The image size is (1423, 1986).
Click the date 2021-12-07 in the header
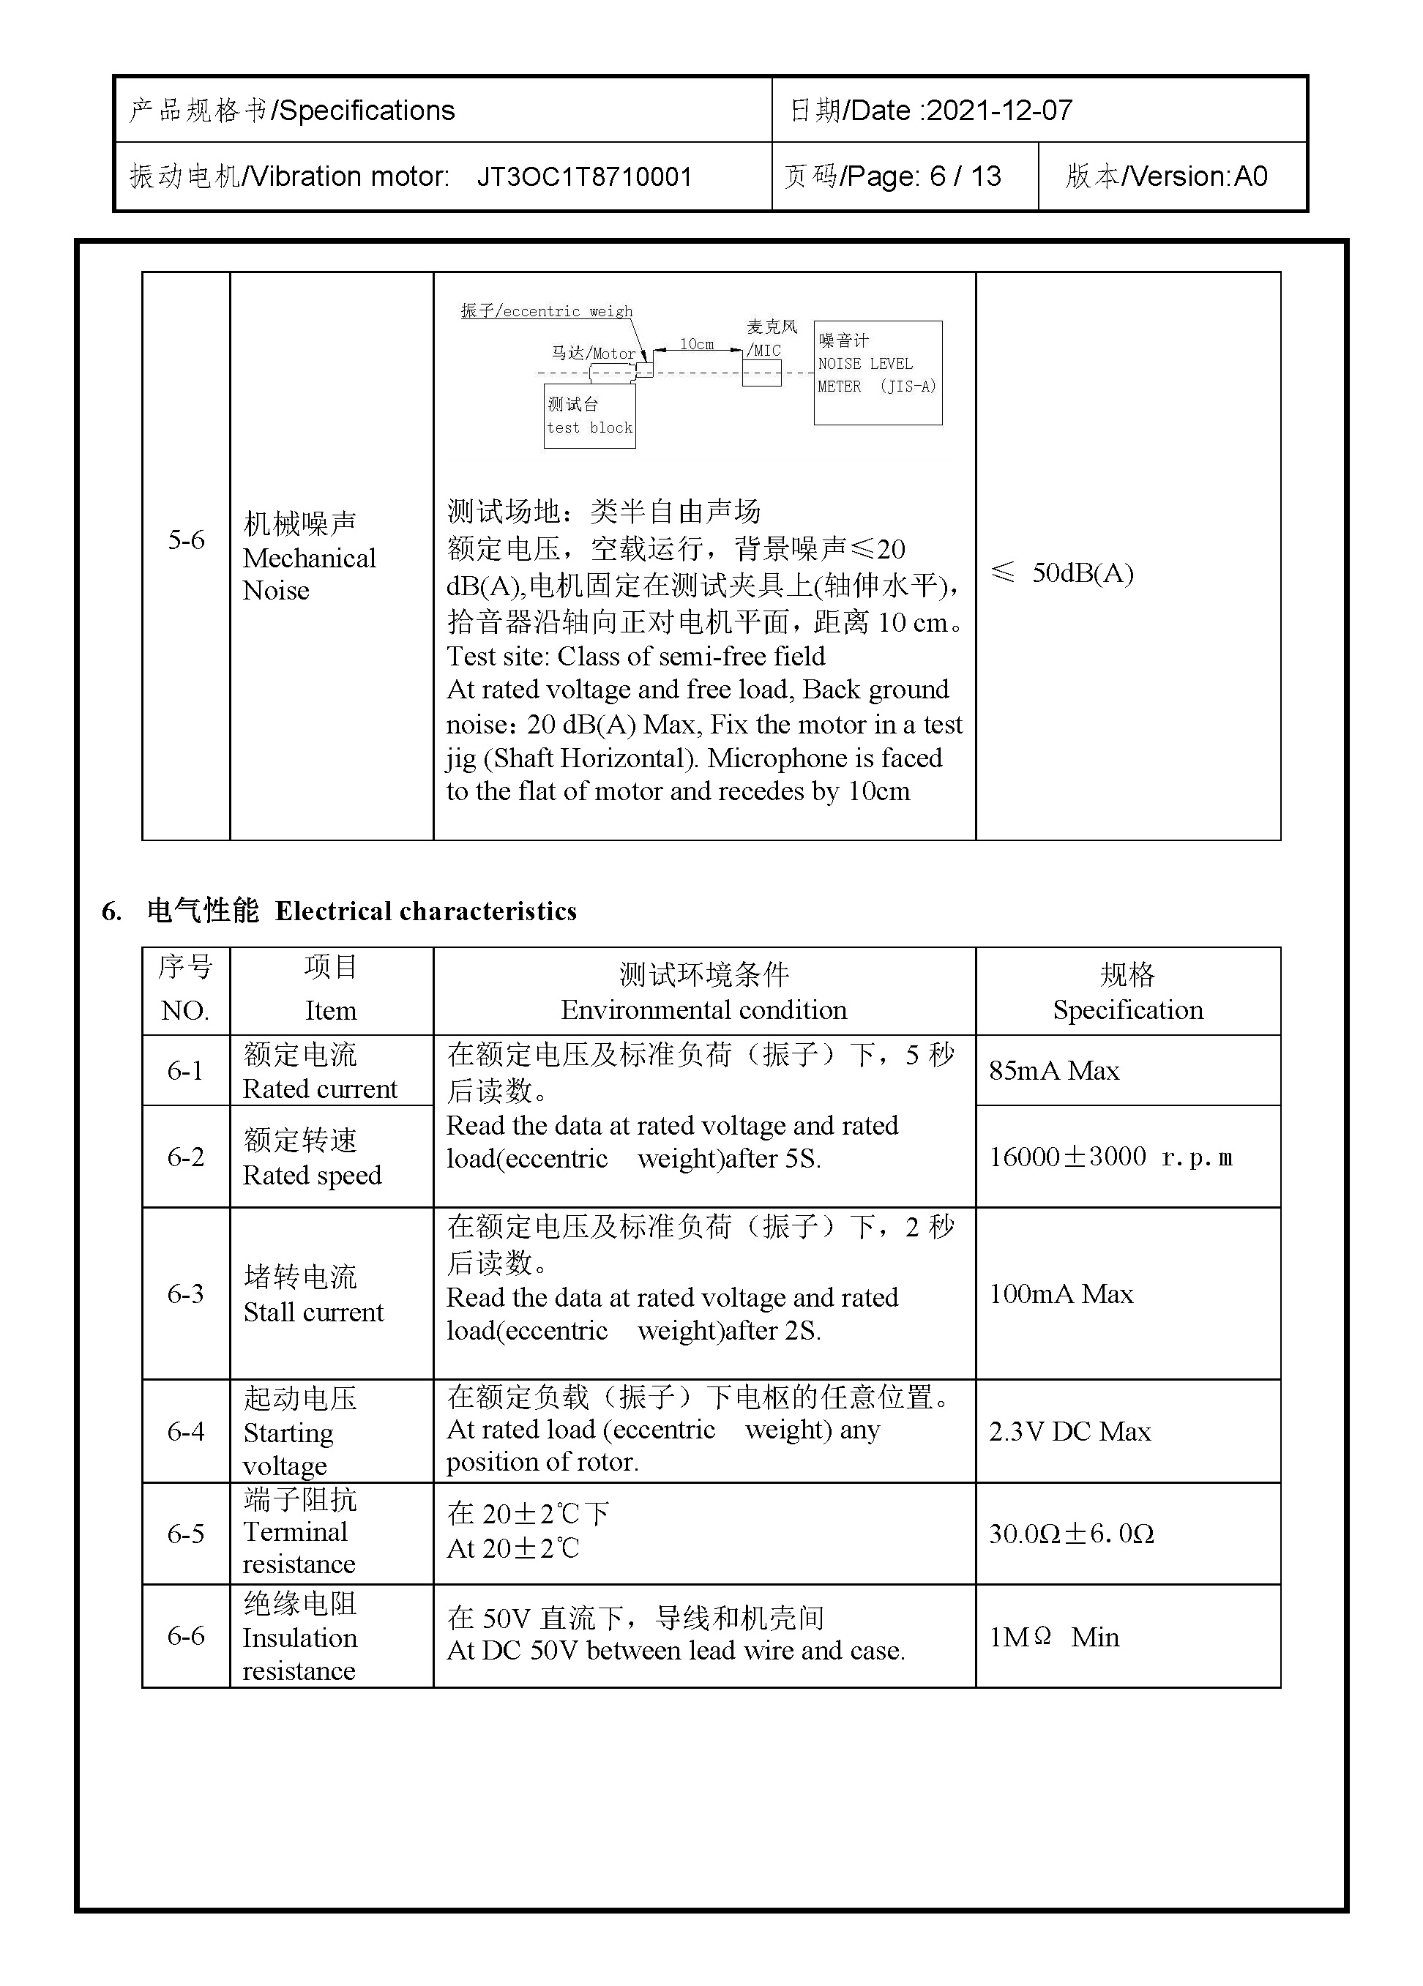click(998, 111)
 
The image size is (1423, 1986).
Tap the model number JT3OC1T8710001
click(584, 177)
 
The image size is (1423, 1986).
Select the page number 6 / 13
click(965, 177)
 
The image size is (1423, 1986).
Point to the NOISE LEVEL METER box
click(878, 373)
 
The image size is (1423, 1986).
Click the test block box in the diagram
click(589, 417)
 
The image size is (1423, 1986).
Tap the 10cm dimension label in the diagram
click(696, 344)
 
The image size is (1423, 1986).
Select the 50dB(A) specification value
click(1081, 574)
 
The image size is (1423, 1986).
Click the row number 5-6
click(186, 540)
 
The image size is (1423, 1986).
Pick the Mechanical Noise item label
click(308, 558)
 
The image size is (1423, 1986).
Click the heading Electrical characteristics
click(425, 911)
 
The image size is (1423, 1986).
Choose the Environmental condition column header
click(703, 1009)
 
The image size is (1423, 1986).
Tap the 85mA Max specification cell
click(1053, 1071)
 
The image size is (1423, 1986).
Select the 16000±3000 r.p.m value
click(1110, 1157)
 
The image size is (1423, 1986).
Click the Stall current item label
click(313, 1312)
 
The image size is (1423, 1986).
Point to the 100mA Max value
click(1061, 1294)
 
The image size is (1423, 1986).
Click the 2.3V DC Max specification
click(1069, 1432)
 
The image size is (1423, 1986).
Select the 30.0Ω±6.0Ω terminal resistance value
click(1071, 1534)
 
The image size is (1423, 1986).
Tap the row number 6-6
click(186, 1636)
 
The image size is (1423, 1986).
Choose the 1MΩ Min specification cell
click(1053, 1637)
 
